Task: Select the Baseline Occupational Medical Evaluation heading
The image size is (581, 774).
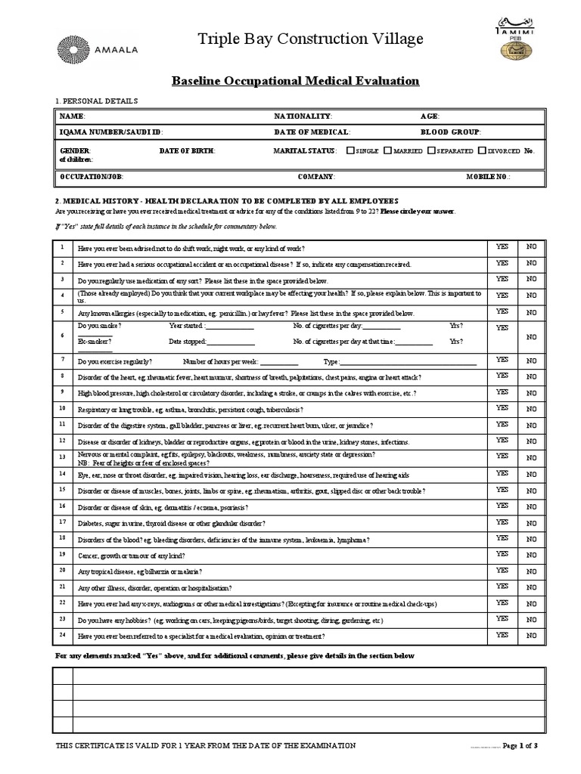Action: coord(296,81)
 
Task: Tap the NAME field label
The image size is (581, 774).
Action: coord(73,116)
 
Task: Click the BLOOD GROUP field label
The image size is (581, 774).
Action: coord(451,132)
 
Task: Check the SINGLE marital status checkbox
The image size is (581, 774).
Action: coord(350,150)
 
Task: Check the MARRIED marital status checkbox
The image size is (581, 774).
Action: coord(387,150)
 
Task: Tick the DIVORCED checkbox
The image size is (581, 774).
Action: coord(481,150)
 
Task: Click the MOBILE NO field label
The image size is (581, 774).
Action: coord(488,176)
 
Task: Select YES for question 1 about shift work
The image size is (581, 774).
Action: coord(502,246)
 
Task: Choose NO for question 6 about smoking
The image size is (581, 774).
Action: coord(532,336)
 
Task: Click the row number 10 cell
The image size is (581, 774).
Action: coord(62,408)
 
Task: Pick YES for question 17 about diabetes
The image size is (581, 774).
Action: coord(502,522)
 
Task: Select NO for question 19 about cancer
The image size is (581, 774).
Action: coord(532,555)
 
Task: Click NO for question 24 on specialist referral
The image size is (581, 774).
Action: coord(532,636)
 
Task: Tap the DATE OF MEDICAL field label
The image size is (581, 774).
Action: coord(301,132)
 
